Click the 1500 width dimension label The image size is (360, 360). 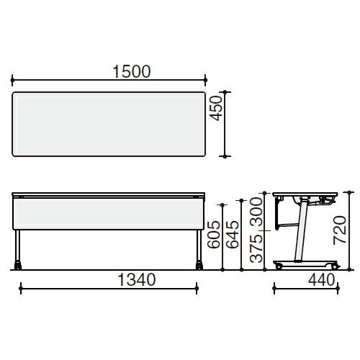point(132,71)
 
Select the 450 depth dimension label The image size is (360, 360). point(216,108)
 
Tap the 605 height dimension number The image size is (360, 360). point(214,235)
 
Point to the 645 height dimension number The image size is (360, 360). point(233,235)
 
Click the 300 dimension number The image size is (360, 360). point(256,212)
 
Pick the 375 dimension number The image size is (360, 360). point(256,248)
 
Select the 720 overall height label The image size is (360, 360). point(340,230)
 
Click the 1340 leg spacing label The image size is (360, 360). point(137,280)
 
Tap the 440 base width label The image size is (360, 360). point(322,280)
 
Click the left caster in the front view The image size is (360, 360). point(18,265)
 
